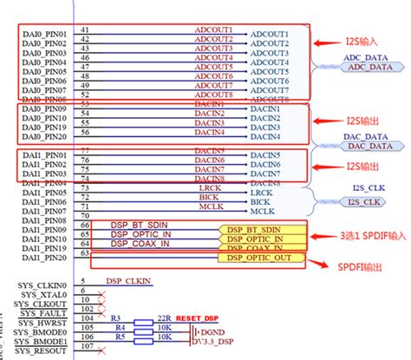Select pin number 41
pyautogui.click(x=84, y=29)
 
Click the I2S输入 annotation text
pyautogui.click(x=336, y=41)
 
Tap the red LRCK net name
pyautogui.click(x=208, y=187)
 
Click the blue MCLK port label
pyautogui.click(x=263, y=212)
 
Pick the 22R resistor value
pyautogui.click(x=162, y=318)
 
